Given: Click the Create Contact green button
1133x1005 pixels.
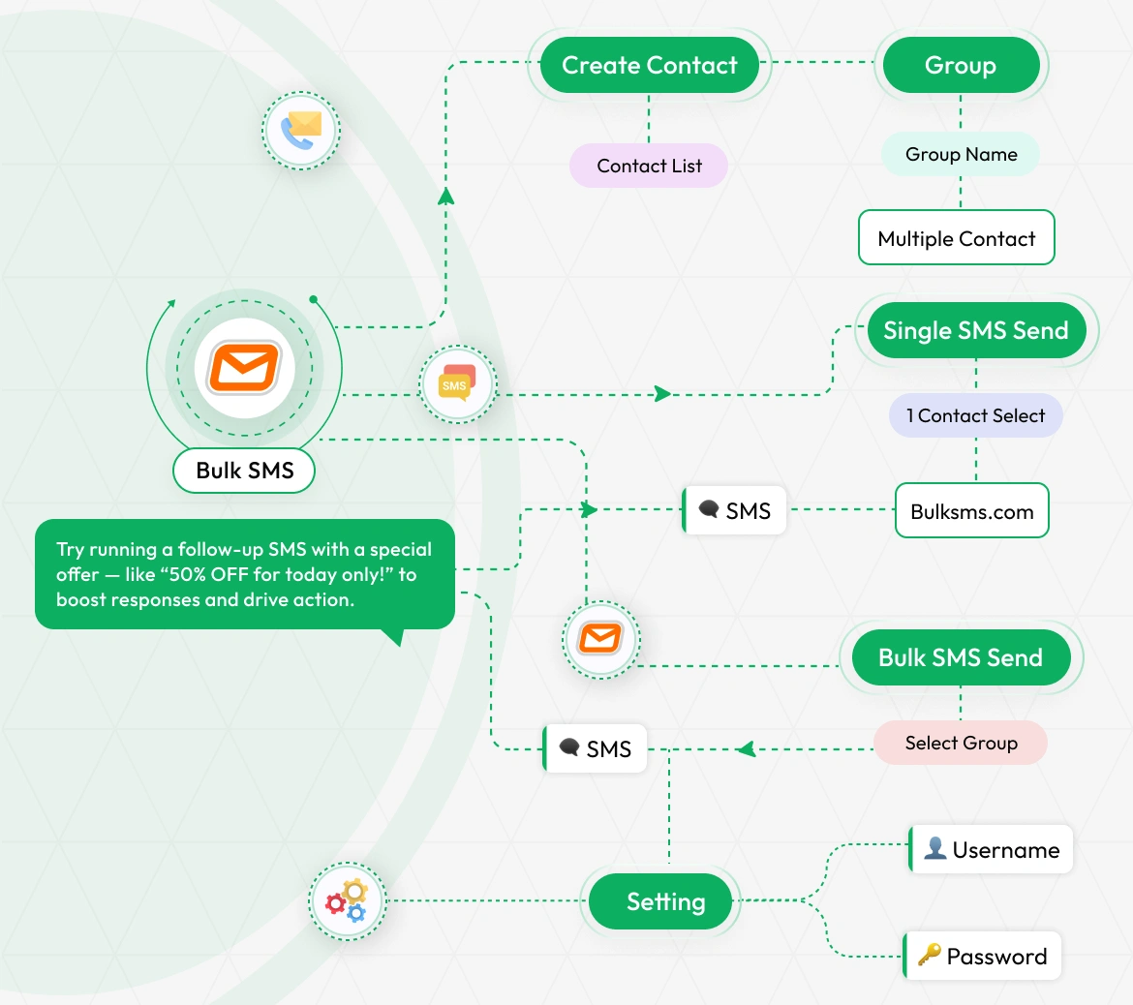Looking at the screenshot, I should coord(649,65).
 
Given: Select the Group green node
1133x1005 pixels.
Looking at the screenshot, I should coord(960,65).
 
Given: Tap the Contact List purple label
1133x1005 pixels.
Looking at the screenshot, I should coord(649,166).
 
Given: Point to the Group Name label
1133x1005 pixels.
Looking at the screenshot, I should coord(961,155).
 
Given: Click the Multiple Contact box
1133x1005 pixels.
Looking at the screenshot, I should coord(956,238).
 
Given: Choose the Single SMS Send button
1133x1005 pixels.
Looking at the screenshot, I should coord(975,330).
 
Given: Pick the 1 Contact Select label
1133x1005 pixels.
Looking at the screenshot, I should coord(975,415).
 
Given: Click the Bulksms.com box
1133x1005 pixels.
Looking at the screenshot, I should coord(971,511).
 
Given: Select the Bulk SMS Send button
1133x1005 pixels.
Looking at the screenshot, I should coord(960,657).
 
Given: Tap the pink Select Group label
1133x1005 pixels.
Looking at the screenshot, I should coord(961,743).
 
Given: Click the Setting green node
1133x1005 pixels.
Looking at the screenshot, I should coord(665,901).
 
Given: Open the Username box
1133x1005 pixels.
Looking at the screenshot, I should coord(992,850).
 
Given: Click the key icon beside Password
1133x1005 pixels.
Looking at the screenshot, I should coord(929,956).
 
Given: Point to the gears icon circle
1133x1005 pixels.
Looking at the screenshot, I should coord(347,901).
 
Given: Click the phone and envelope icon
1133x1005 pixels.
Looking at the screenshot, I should coord(301,130).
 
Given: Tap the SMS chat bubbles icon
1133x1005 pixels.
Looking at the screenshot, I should coord(457,384).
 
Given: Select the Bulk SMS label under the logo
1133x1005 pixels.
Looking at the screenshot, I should coord(244,471).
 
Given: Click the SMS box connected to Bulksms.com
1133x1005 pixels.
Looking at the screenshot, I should coord(735,510).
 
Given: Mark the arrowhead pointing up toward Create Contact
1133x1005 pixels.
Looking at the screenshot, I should coord(445,196).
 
